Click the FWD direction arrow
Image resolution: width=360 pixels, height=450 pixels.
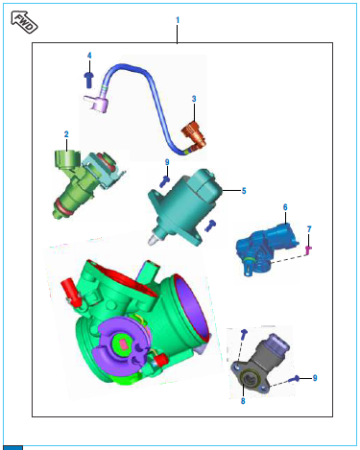click(x=24, y=22)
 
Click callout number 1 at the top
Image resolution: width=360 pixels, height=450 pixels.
click(x=178, y=20)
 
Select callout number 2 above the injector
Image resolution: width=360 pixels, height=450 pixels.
click(x=66, y=134)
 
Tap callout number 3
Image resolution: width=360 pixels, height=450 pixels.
click(x=194, y=99)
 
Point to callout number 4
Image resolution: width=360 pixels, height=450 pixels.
click(x=89, y=56)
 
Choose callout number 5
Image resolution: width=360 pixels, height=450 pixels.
click(x=244, y=191)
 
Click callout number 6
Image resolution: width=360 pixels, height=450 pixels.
click(x=285, y=207)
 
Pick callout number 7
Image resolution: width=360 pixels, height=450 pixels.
click(x=309, y=229)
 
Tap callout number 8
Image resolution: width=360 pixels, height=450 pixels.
click(x=243, y=401)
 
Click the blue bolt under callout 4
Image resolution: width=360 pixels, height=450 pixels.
click(x=89, y=80)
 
